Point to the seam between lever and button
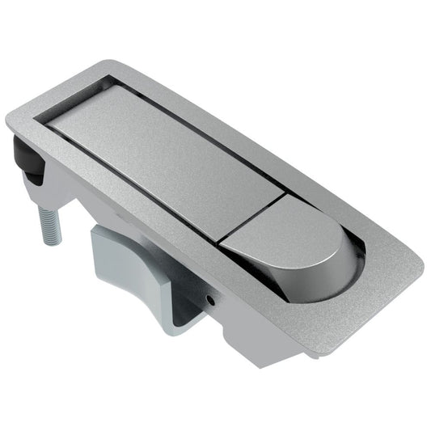(251, 217)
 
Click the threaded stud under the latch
(48, 222)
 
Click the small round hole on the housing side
(211, 299)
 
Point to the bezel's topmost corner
(121, 65)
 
